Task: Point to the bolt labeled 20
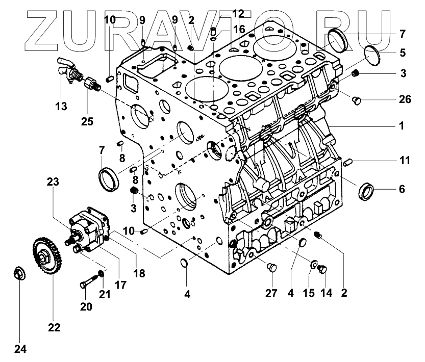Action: click(x=86, y=280)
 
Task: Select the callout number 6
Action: click(x=402, y=189)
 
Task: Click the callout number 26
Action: click(x=405, y=99)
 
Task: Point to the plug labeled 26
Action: click(x=357, y=101)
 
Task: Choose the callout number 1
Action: click(x=402, y=125)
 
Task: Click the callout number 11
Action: click(x=404, y=160)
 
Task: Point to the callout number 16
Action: click(x=239, y=29)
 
